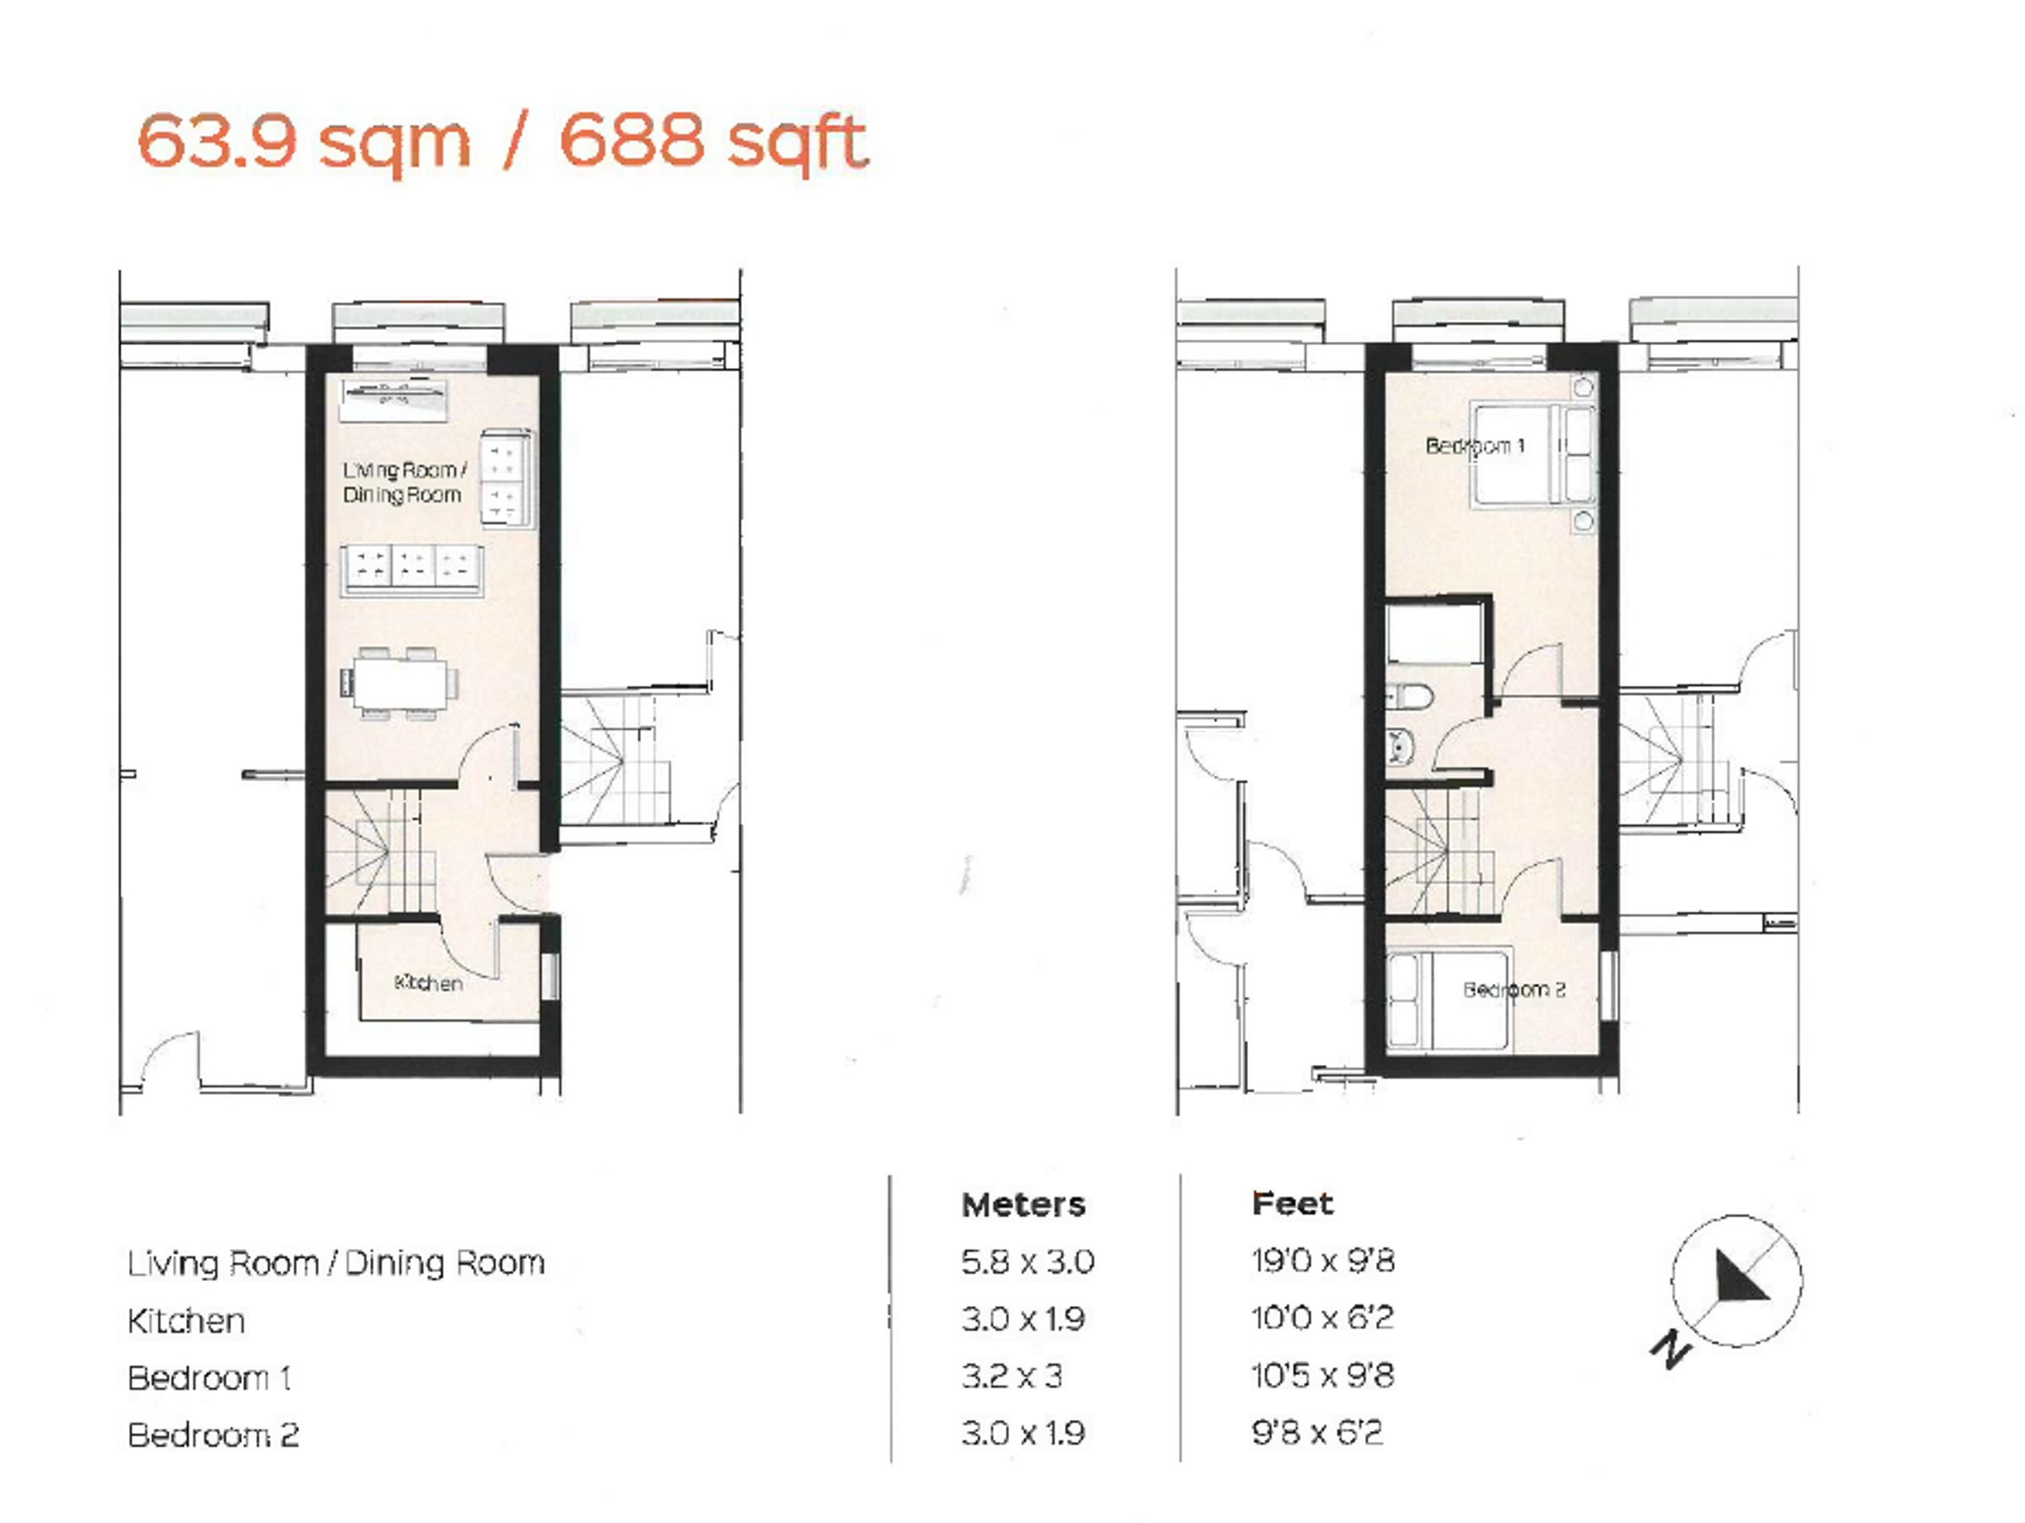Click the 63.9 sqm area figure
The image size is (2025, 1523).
pos(304,143)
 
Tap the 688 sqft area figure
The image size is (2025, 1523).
pos(713,143)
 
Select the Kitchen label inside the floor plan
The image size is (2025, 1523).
pos(428,983)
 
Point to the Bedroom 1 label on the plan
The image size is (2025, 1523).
pos(1475,446)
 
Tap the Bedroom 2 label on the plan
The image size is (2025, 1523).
pos(1515,990)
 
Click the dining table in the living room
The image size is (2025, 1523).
pos(399,683)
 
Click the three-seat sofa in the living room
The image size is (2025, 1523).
pos(412,571)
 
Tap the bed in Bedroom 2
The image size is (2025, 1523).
pos(1446,1002)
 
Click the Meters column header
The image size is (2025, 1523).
pos(1023,1205)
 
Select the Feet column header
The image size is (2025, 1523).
pos(1292,1202)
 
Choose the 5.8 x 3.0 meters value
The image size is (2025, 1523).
pos(1027,1262)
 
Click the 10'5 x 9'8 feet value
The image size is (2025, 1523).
pos(1322,1374)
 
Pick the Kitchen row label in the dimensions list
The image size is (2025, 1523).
pos(186,1320)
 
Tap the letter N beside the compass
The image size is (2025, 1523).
pos(1670,1350)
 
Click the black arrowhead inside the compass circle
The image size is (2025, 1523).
pos(1737,1277)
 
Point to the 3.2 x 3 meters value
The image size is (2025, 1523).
pos(1012,1375)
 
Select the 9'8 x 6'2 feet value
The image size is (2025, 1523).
pos(1316,1432)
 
